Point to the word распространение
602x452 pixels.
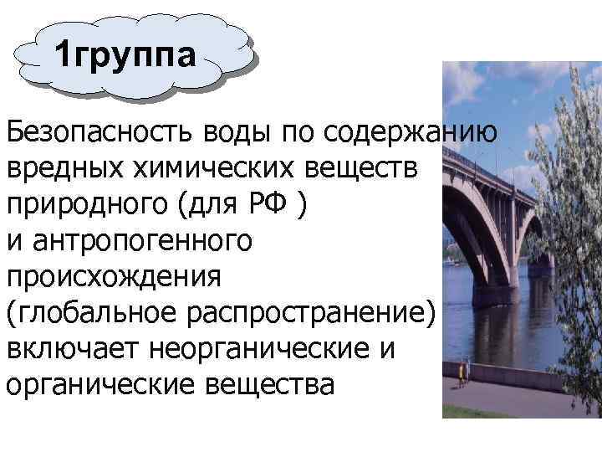tap(321, 313)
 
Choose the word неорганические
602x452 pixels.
tap(261, 349)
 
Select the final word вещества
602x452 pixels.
tap(273, 385)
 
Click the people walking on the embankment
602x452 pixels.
tap(462, 372)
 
